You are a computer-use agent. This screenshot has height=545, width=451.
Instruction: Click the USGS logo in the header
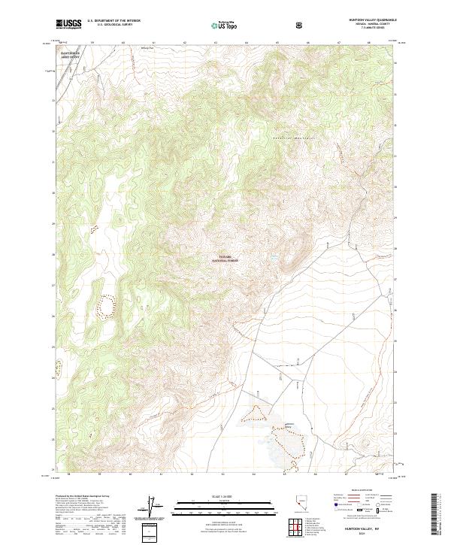click(x=68, y=25)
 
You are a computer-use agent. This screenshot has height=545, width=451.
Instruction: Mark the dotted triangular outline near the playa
click(x=258, y=412)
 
